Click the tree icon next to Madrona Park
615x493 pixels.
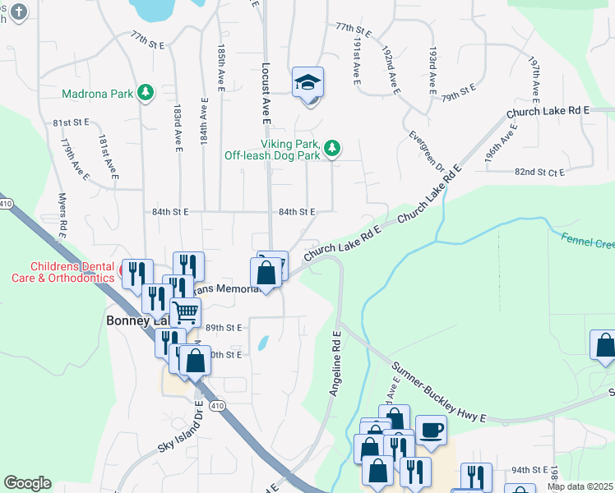146,93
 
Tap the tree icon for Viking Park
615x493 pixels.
331,148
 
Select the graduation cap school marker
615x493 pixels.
307,83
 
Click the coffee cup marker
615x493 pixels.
431,429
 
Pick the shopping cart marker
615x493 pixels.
186,312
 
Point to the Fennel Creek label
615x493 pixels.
587,242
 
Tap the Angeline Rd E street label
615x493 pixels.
335,364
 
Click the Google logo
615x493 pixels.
27,483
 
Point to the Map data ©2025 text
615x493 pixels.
579,486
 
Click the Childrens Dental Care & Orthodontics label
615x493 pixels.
71,272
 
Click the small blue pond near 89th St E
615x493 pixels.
262,343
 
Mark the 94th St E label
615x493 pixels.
529,470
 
